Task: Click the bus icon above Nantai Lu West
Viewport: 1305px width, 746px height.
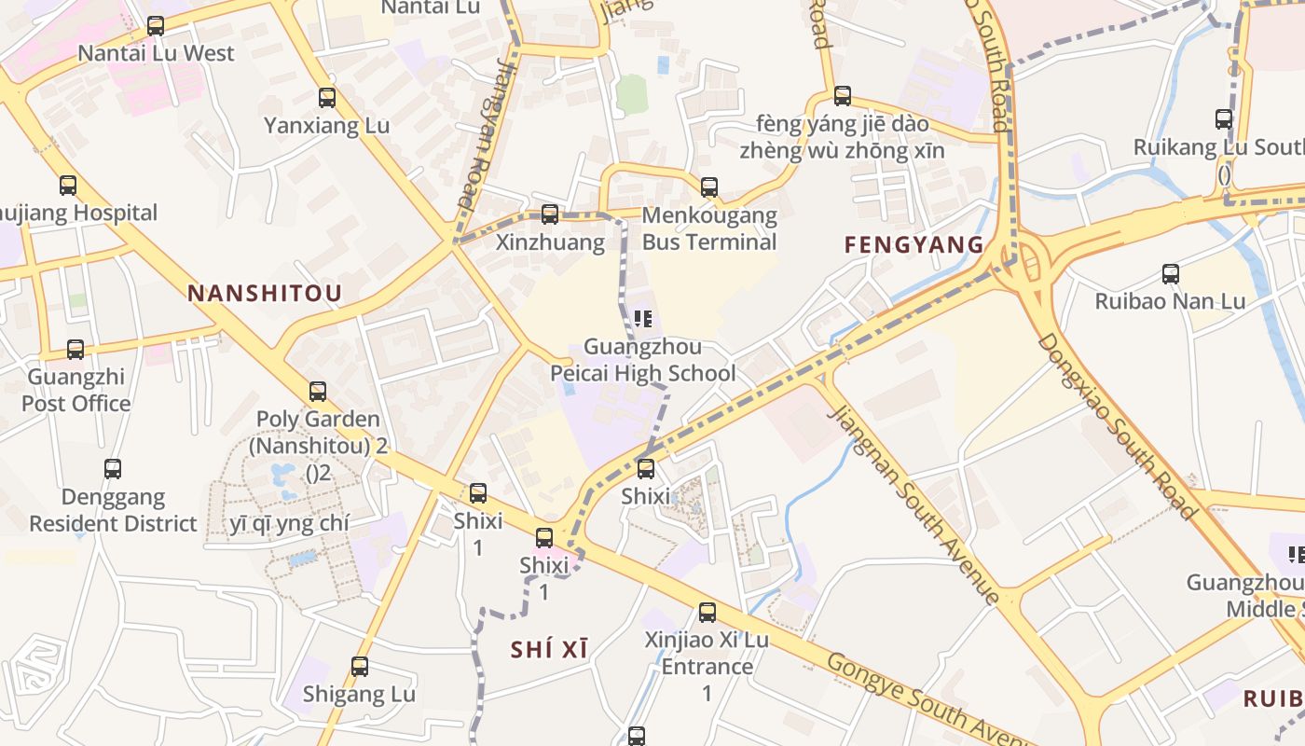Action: [156, 26]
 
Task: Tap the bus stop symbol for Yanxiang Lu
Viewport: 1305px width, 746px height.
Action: [327, 97]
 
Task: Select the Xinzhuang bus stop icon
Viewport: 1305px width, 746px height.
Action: [550, 214]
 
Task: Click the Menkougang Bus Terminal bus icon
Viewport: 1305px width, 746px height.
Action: [709, 186]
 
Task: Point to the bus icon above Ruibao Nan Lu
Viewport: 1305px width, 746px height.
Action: [1171, 274]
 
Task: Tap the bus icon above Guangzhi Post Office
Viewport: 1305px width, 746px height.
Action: [76, 350]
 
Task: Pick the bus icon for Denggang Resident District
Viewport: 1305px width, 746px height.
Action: [113, 469]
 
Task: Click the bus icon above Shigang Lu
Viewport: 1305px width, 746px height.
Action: [360, 667]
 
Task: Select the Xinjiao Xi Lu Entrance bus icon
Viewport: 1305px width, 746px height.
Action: [707, 613]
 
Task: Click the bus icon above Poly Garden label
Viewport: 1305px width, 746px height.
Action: [318, 392]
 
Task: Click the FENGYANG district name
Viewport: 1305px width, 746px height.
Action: [913, 245]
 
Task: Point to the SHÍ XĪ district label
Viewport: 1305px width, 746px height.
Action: [550, 650]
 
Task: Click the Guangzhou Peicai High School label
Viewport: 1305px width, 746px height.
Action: [642, 361]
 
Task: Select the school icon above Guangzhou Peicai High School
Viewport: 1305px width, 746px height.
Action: [643, 319]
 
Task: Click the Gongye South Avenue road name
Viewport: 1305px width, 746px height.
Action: [932, 699]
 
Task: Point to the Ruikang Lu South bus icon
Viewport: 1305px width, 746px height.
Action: [1224, 119]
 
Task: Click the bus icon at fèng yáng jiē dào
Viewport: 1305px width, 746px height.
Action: [843, 95]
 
